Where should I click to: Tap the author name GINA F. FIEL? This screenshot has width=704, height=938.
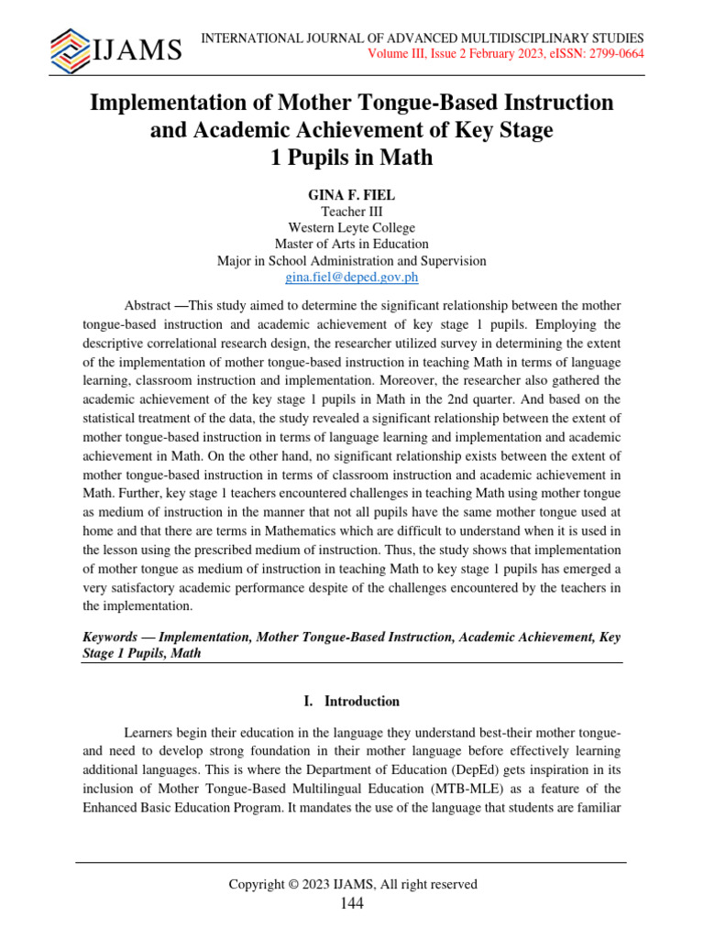pyautogui.click(x=351, y=194)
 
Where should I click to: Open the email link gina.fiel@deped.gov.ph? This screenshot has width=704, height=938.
pyautogui.click(x=351, y=278)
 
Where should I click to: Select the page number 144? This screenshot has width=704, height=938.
pyautogui.click(x=351, y=904)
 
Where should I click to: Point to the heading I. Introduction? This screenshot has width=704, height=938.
pyautogui.click(x=351, y=702)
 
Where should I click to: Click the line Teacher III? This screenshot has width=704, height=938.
pyautogui.click(x=351, y=211)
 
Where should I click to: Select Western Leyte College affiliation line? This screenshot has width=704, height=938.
pyautogui.click(x=351, y=227)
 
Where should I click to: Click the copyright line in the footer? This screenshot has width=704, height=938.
pyautogui.click(x=352, y=884)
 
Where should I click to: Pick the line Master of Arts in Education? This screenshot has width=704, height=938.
pyautogui.click(x=351, y=244)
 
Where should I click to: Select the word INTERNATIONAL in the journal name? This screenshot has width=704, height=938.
pyautogui.click(x=248, y=38)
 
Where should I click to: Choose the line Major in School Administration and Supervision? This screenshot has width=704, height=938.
pyautogui.click(x=351, y=261)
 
